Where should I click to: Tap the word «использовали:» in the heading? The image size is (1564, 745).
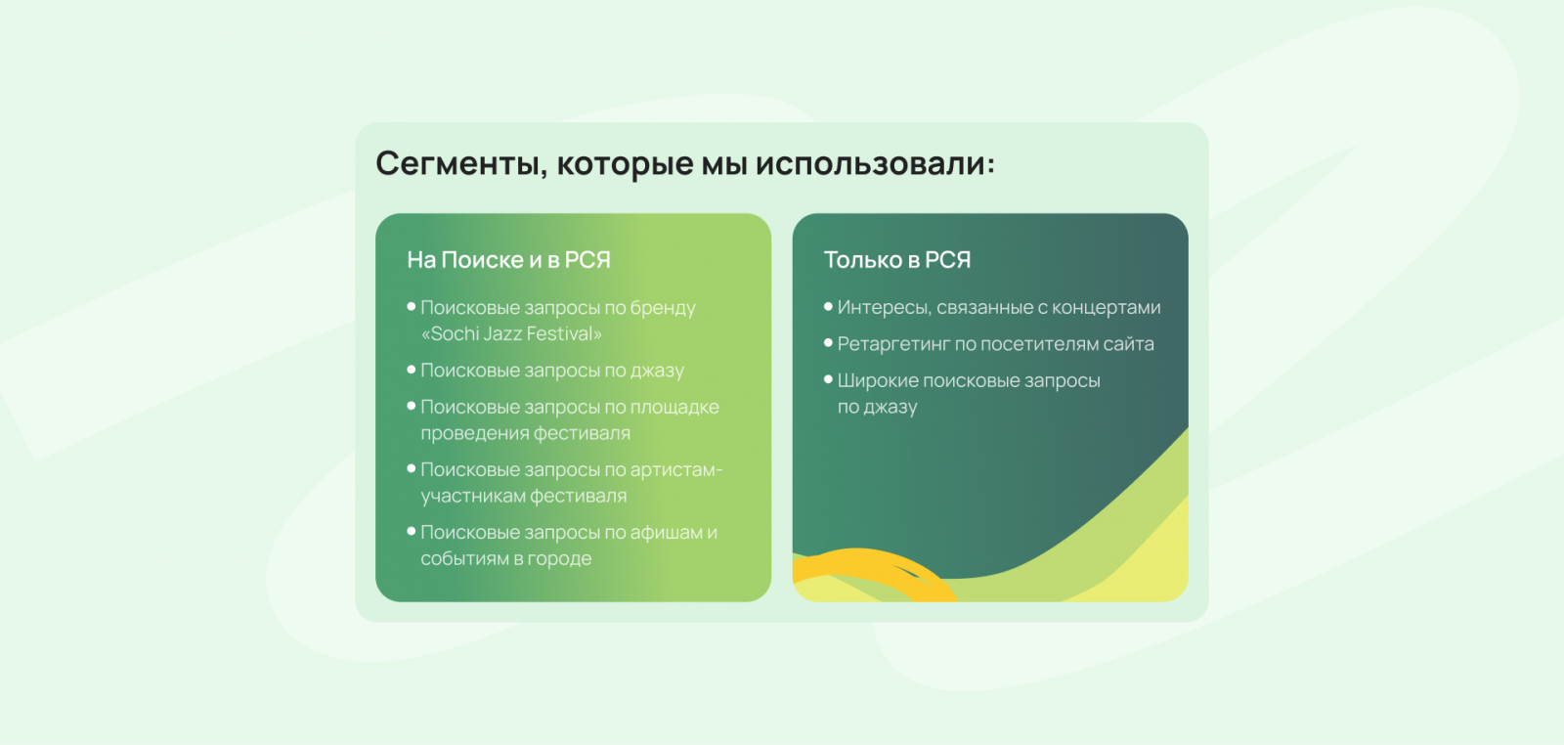(876, 163)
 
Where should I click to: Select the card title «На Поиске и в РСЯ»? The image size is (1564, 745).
(509, 260)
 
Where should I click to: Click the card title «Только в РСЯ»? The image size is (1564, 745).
(897, 260)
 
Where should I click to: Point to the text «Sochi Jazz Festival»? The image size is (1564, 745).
(512, 333)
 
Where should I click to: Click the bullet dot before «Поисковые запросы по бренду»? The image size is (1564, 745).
(412, 307)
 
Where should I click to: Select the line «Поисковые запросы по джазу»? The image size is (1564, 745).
(552, 371)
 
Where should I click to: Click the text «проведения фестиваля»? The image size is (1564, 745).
(525, 433)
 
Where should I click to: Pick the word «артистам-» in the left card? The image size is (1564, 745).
(675, 470)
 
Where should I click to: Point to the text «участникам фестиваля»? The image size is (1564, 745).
(524, 496)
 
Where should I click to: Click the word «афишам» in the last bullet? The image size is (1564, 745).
(666, 532)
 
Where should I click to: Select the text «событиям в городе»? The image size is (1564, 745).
(505, 558)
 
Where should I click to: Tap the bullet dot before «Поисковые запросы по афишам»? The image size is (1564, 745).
(412, 531)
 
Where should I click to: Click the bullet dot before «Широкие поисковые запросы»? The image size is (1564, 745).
(828, 379)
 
